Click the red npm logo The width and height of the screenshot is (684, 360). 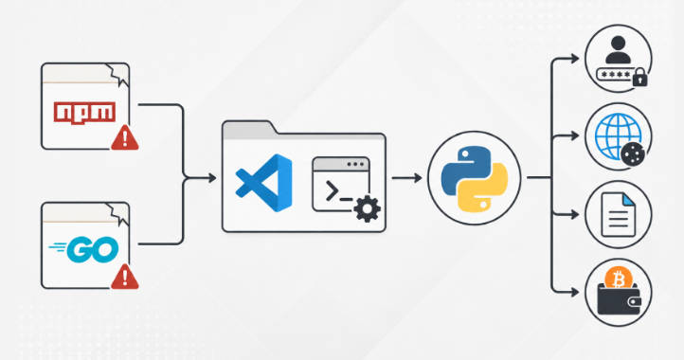(84, 113)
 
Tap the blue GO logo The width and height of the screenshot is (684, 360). (83, 249)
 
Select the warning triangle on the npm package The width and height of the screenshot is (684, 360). (125, 138)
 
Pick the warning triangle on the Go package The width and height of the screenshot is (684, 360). (125, 277)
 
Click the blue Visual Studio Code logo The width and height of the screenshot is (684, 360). (264, 183)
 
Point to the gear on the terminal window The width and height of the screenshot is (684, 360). (368, 208)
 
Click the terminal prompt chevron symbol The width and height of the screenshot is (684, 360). (332, 191)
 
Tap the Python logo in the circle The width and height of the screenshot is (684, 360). (475, 178)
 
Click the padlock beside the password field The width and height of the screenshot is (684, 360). (639, 78)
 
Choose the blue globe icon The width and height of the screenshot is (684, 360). (618, 135)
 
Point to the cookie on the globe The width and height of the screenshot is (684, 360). (633, 154)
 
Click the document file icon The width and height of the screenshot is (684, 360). (618, 215)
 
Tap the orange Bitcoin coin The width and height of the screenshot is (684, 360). (618, 279)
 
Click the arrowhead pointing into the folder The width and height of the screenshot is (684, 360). (212, 178)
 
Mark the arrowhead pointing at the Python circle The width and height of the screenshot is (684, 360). (418, 178)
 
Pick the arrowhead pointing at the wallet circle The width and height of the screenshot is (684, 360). (574, 292)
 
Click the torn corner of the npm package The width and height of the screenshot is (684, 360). (118, 75)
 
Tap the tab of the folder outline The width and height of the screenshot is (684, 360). (249, 130)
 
